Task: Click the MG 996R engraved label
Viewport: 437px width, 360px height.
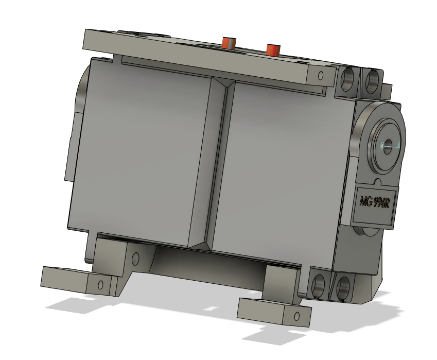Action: (x=375, y=201)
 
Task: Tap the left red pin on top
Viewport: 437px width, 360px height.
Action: (x=228, y=42)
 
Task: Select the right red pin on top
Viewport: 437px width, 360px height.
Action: (x=272, y=49)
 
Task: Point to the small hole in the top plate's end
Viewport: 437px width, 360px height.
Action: (x=321, y=77)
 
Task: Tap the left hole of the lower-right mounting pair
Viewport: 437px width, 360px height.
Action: (x=318, y=285)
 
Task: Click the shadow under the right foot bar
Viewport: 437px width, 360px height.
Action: (x=268, y=337)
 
